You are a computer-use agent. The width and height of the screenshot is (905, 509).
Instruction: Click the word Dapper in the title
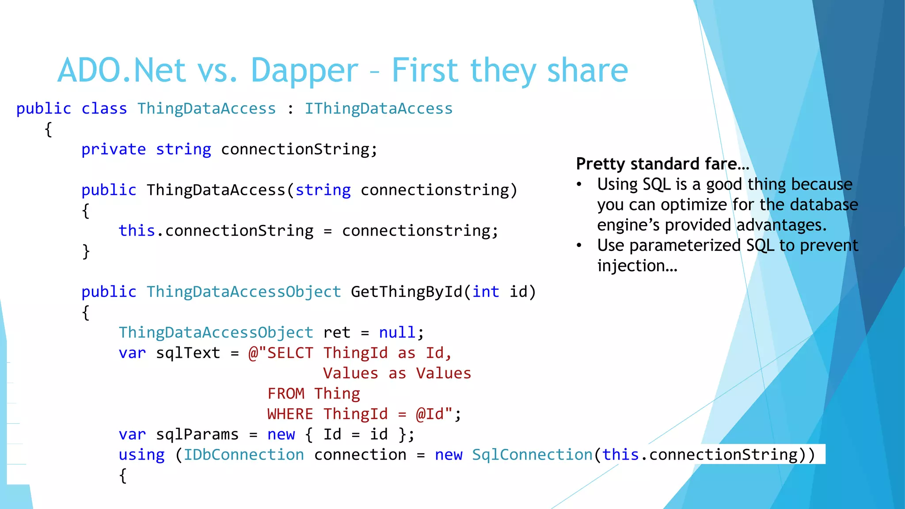(x=304, y=71)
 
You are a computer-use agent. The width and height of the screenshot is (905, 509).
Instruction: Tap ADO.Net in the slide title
(x=122, y=71)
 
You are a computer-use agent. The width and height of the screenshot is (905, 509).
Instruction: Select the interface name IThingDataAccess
(x=379, y=109)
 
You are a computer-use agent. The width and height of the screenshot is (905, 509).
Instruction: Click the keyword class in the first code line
(x=104, y=109)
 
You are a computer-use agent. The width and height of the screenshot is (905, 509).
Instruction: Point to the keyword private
(x=114, y=149)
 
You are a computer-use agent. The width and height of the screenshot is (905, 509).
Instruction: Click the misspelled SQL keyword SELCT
(x=290, y=353)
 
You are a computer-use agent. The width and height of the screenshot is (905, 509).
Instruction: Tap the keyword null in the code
(x=397, y=333)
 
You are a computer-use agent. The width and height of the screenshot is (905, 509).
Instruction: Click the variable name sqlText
(x=188, y=353)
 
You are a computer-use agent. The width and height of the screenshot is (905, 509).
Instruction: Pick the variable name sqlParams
(x=197, y=434)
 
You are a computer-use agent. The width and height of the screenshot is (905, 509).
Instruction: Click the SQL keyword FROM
(x=286, y=394)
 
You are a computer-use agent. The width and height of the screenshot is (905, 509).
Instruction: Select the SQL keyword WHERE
(x=290, y=414)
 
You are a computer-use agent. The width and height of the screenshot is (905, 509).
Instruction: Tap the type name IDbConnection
(x=244, y=455)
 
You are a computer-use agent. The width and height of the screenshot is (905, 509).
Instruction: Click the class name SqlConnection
(x=532, y=455)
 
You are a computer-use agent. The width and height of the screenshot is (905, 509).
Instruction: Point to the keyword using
(x=141, y=455)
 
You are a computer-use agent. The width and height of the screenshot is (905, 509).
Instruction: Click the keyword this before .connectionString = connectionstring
(x=137, y=231)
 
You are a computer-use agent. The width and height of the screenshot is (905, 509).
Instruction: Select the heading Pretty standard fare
(x=662, y=164)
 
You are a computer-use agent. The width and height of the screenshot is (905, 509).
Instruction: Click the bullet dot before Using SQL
(x=579, y=184)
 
